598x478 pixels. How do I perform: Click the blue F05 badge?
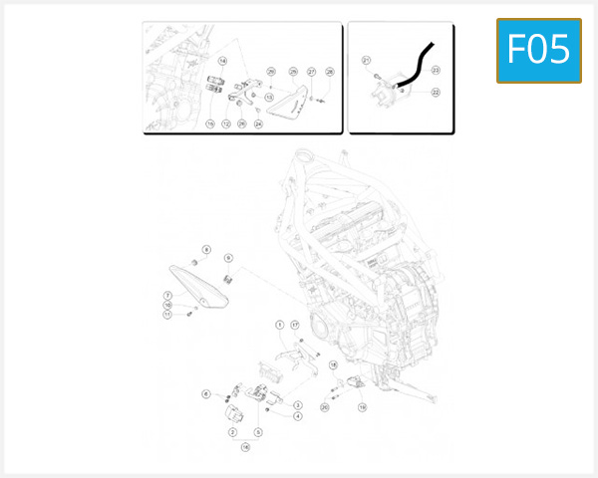[x=539, y=49]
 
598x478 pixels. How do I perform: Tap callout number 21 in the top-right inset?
[x=366, y=61]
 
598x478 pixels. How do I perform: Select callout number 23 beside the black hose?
[x=436, y=70]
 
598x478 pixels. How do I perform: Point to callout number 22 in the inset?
[x=436, y=92]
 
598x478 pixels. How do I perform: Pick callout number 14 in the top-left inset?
[x=222, y=62]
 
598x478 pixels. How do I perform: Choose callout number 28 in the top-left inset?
[x=330, y=73]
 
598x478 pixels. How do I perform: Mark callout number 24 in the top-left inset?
[x=258, y=123]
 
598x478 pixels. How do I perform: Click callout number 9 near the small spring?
[x=228, y=257]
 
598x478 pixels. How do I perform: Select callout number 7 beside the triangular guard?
[x=168, y=296]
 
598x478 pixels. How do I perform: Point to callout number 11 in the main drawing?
[x=168, y=315]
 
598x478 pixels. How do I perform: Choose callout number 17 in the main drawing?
[x=295, y=326]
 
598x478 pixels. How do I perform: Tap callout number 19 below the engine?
[x=362, y=407]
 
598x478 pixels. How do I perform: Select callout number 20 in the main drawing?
[x=324, y=407]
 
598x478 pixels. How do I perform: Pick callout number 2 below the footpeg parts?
[x=232, y=433]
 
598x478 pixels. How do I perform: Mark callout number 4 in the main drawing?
[x=298, y=416]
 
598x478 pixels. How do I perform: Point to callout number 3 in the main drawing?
[x=298, y=405]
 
